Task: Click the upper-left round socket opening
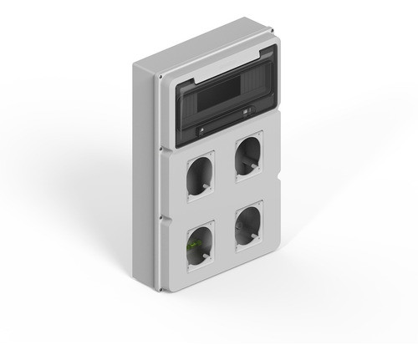pyautogui.click(x=201, y=175)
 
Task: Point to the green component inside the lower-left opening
pyautogui.click(x=193, y=245)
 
